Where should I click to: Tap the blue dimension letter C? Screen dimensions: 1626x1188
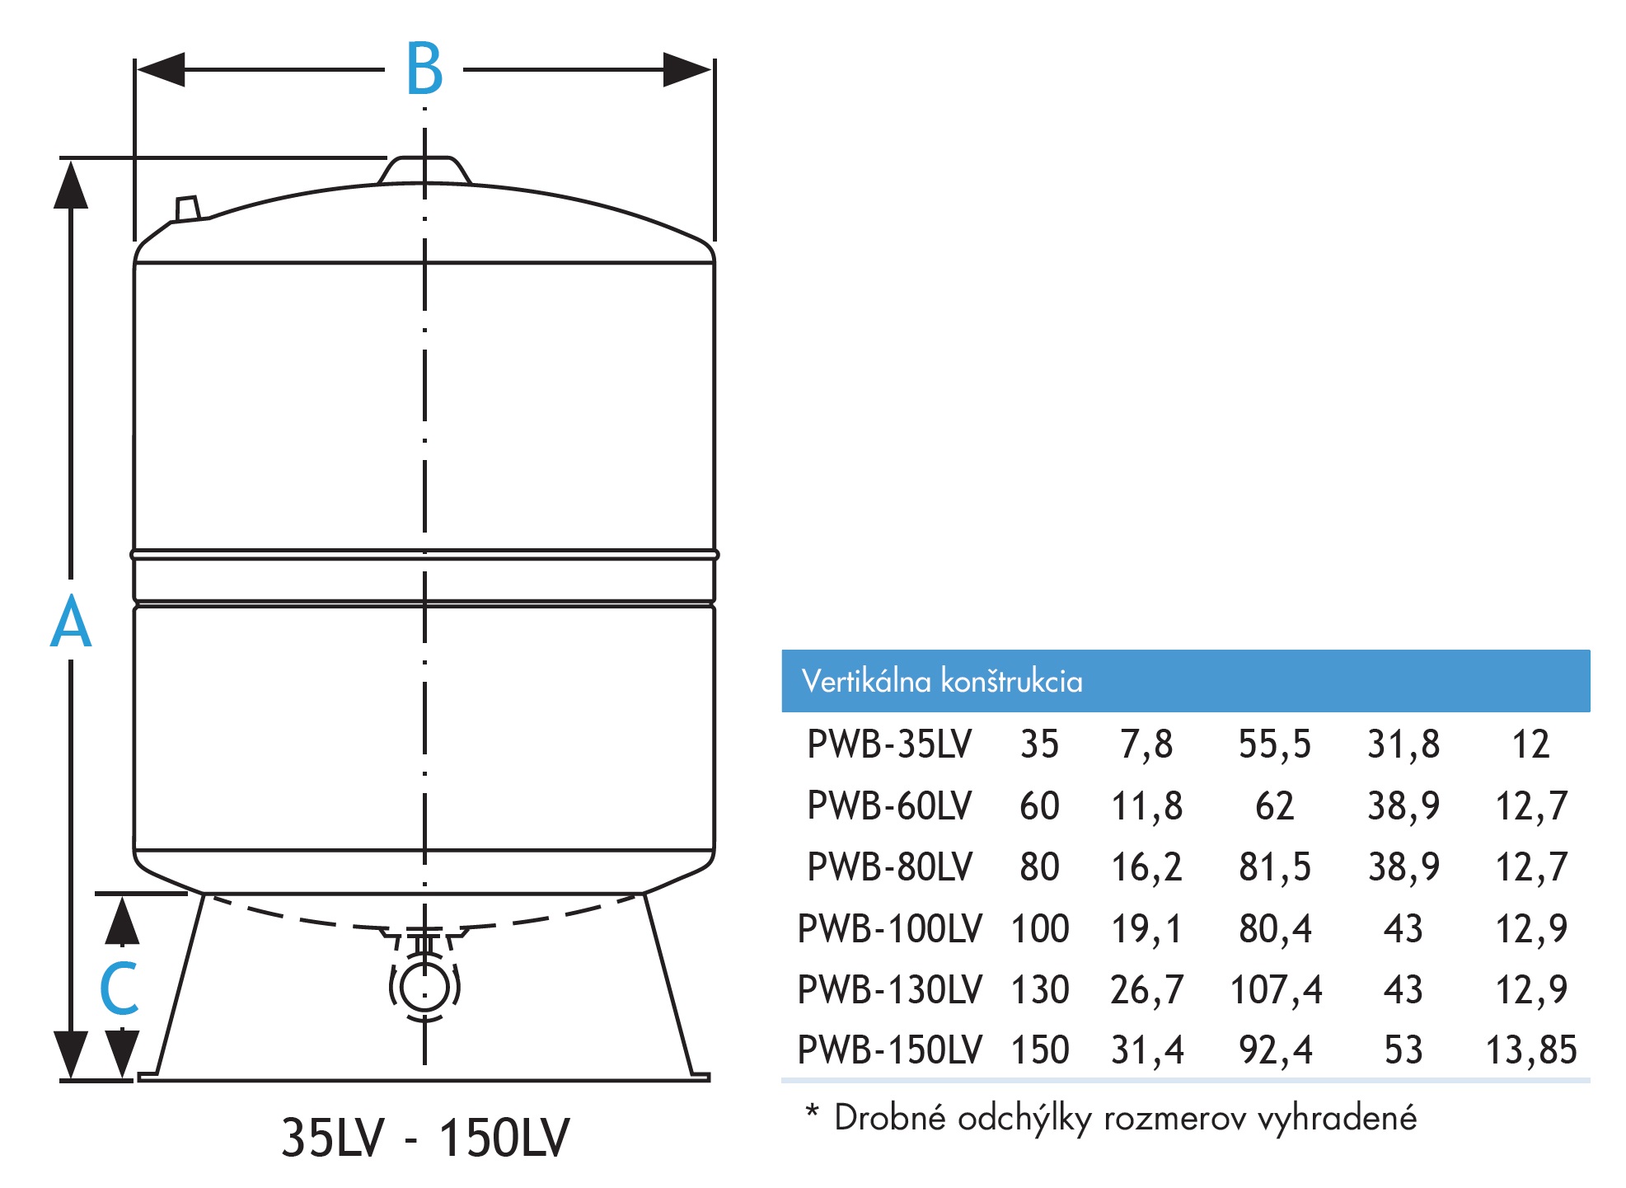(119, 988)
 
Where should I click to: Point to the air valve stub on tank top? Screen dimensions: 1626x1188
(188, 209)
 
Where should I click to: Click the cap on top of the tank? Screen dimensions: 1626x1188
(424, 170)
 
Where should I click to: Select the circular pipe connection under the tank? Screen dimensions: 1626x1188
(424, 987)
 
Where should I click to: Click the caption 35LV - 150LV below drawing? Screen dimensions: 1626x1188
(424, 1138)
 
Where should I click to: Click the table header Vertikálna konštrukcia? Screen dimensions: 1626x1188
(942, 681)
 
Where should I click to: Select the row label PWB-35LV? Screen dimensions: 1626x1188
(889, 744)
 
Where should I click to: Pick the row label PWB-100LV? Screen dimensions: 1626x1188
(889, 928)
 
